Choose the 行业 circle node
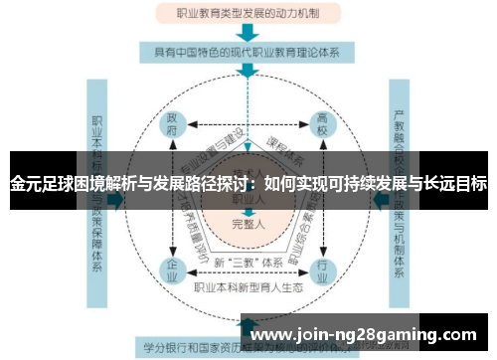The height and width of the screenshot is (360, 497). [321, 270]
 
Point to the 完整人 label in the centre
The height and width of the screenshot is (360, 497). [248, 225]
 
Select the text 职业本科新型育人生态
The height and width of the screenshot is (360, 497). [248, 288]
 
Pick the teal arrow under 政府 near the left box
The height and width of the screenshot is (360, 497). [116, 200]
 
